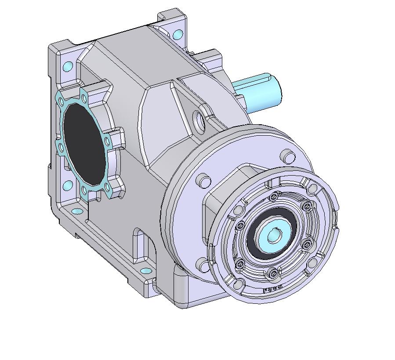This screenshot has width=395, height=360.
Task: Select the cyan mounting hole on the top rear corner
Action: pyautogui.click(x=178, y=33)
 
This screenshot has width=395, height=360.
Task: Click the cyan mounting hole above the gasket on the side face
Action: pyautogui.click(x=68, y=66)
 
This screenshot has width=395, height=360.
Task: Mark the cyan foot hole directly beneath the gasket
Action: pyautogui.click(x=77, y=211)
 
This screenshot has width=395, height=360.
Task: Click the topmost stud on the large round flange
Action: pyautogui.click(x=288, y=156)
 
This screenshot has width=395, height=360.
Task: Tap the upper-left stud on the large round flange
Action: pyautogui.click(x=202, y=180)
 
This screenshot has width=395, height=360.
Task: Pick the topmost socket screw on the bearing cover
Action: pyautogui.click(x=275, y=196)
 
